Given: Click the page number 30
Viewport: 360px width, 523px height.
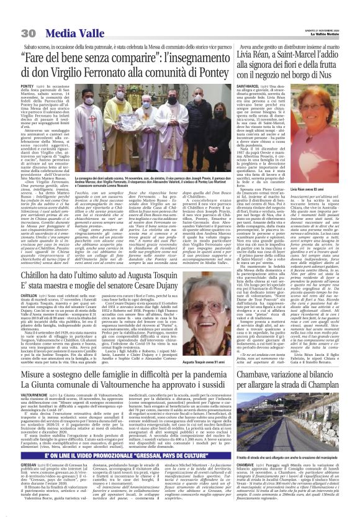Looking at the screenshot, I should pyautogui.click(x=10, y=16).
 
